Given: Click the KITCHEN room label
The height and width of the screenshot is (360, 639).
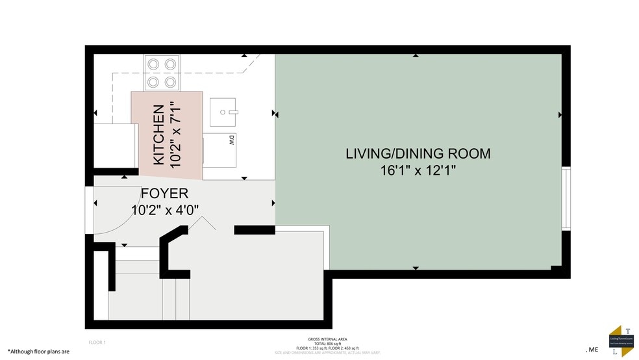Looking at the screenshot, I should tap(158, 135).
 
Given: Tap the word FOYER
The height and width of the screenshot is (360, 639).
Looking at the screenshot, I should tap(164, 194).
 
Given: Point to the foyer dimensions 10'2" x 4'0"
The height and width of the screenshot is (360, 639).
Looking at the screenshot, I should tap(164, 210).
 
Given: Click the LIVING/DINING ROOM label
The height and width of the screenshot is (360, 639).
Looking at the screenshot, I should tap(418, 154).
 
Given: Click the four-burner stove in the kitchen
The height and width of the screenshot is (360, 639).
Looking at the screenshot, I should tap(162, 73).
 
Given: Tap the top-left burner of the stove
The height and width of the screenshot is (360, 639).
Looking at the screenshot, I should tap(154, 64).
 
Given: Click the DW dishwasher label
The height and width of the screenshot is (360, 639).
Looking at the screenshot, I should tap(231, 140).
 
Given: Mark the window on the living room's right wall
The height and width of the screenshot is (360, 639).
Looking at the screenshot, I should tap(566, 199).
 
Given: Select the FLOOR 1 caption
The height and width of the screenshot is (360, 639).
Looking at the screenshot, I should tap(97, 342).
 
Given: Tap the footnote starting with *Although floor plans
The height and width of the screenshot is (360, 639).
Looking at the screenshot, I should tap(38, 351).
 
